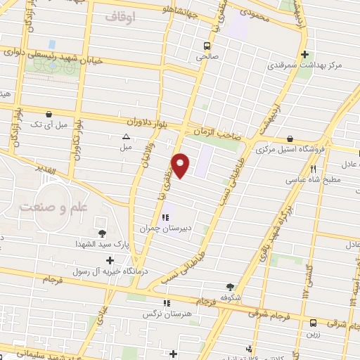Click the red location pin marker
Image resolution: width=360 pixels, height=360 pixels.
pyautogui.click(x=181, y=165)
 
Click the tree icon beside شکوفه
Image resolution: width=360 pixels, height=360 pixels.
pyautogui.click(x=230, y=286)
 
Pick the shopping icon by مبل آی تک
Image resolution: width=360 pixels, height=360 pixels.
pyautogui.click(x=49, y=114)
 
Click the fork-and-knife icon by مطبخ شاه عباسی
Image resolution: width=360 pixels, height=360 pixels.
pyautogui.click(x=313, y=169)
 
